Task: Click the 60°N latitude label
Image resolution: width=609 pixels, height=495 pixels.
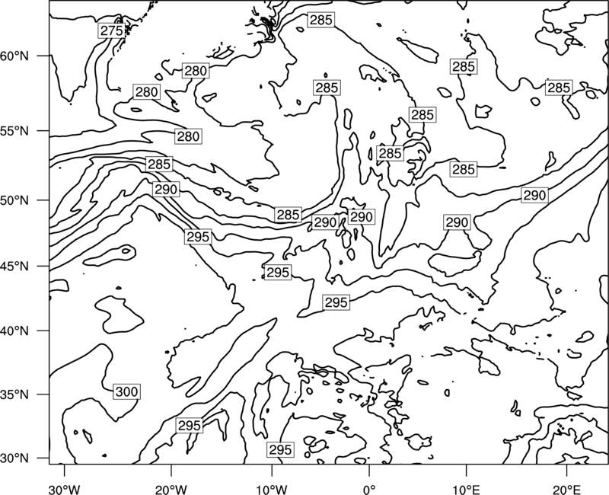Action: click(14, 56)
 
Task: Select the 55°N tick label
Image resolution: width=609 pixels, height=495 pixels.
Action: click(14, 131)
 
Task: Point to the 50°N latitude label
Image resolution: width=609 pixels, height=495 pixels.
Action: click(14, 200)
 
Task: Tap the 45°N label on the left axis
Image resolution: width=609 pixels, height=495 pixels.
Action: click(14, 266)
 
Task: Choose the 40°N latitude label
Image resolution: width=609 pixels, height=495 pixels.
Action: click(14, 331)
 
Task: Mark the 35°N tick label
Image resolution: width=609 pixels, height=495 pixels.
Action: click(14, 394)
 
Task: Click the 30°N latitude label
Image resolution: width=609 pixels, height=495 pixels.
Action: click(14, 458)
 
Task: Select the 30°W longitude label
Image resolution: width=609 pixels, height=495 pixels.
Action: click(65, 489)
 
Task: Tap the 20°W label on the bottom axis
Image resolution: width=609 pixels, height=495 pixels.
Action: click(171, 489)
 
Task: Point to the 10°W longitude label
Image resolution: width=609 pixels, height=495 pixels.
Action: click(272, 489)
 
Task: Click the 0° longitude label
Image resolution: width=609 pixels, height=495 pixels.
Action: click(369, 489)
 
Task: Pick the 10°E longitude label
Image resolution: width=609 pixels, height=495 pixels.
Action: click(466, 489)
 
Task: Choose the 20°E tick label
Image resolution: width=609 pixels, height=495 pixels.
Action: click(566, 489)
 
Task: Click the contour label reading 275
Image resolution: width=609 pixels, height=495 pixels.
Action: click(111, 30)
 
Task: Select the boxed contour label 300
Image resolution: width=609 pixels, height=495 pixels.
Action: click(126, 391)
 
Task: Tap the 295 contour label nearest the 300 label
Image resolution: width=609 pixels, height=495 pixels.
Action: click(189, 426)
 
